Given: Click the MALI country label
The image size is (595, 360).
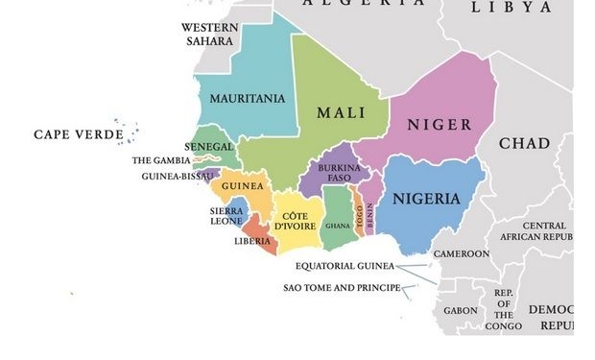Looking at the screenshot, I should pyautogui.click(x=341, y=112).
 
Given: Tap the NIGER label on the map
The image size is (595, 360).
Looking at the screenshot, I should pyautogui.click(x=440, y=125).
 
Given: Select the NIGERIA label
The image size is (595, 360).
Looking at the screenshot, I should pyautogui.click(x=426, y=200).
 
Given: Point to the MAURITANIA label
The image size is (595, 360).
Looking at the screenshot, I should pyautogui.click(x=247, y=99).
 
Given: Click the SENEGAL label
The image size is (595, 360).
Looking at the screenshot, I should pyautogui.click(x=209, y=147).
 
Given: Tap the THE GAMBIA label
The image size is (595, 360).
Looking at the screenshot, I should pyautogui.click(x=161, y=160).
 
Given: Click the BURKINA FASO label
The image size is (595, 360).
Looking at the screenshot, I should pyautogui.click(x=339, y=173).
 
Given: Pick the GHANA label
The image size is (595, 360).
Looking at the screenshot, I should pyautogui.click(x=338, y=226).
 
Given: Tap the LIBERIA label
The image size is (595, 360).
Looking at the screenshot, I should pyautogui.click(x=252, y=241).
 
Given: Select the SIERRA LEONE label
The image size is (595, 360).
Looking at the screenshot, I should pyautogui.click(x=226, y=216).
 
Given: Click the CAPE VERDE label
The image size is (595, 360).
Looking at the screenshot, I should pyautogui.click(x=79, y=134).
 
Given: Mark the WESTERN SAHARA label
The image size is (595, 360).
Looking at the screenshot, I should pyautogui.click(x=210, y=34).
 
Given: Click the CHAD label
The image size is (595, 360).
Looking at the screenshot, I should pyautogui.click(x=524, y=144).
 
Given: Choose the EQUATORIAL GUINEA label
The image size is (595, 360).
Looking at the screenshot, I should pyautogui.click(x=345, y=266).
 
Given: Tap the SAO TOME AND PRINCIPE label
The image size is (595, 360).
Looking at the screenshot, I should pyautogui.click(x=342, y=287).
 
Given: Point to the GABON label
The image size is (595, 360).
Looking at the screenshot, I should pyautogui.click(x=460, y=310).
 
